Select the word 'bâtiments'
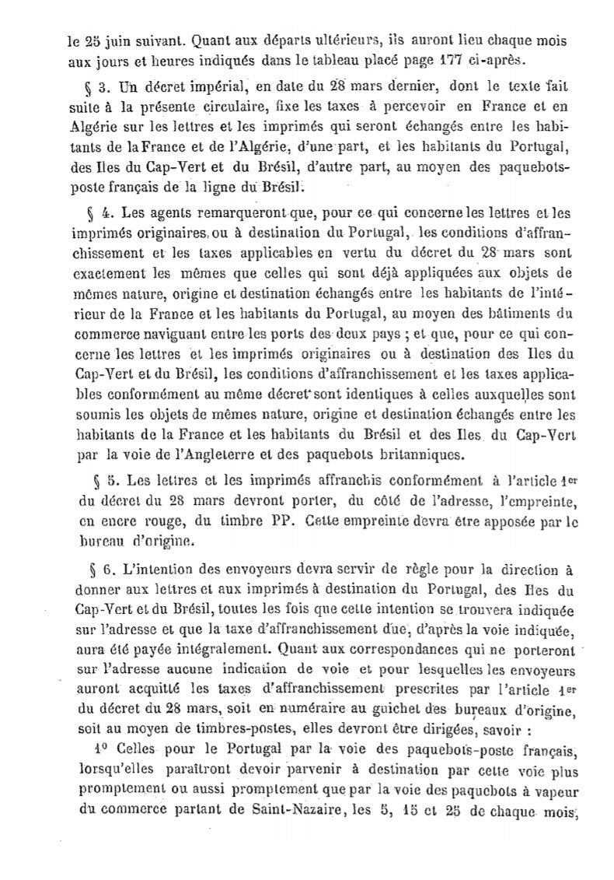tap(509, 292)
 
